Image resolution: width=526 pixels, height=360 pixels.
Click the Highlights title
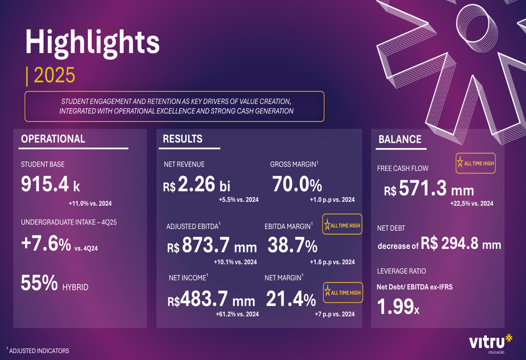(x=93, y=42)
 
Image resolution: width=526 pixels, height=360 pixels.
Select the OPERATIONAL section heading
(x=53, y=139)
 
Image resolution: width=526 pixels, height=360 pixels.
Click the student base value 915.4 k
(x=50, y=184)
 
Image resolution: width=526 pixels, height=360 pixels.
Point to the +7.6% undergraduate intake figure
(x=46, y=244)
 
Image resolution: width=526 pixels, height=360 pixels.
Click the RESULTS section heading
(x=183, y=139)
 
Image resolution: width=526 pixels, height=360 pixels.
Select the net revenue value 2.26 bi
(x=197, y=185)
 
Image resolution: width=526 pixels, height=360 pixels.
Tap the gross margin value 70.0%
(x=297, y=185)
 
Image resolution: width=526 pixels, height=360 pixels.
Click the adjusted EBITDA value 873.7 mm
(x=212, y=246)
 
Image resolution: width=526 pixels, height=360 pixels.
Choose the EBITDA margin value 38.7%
(x=292, y=245)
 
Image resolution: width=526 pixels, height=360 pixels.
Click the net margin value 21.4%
(x=291, y=300)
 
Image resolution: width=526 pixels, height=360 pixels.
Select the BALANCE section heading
(x=400, y=140)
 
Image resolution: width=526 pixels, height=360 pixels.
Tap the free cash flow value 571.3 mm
(x=429, y=189)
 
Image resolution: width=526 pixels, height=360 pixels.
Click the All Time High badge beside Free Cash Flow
(x=476, y=163)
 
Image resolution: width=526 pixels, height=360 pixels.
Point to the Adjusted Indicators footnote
(x=38, y=350)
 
